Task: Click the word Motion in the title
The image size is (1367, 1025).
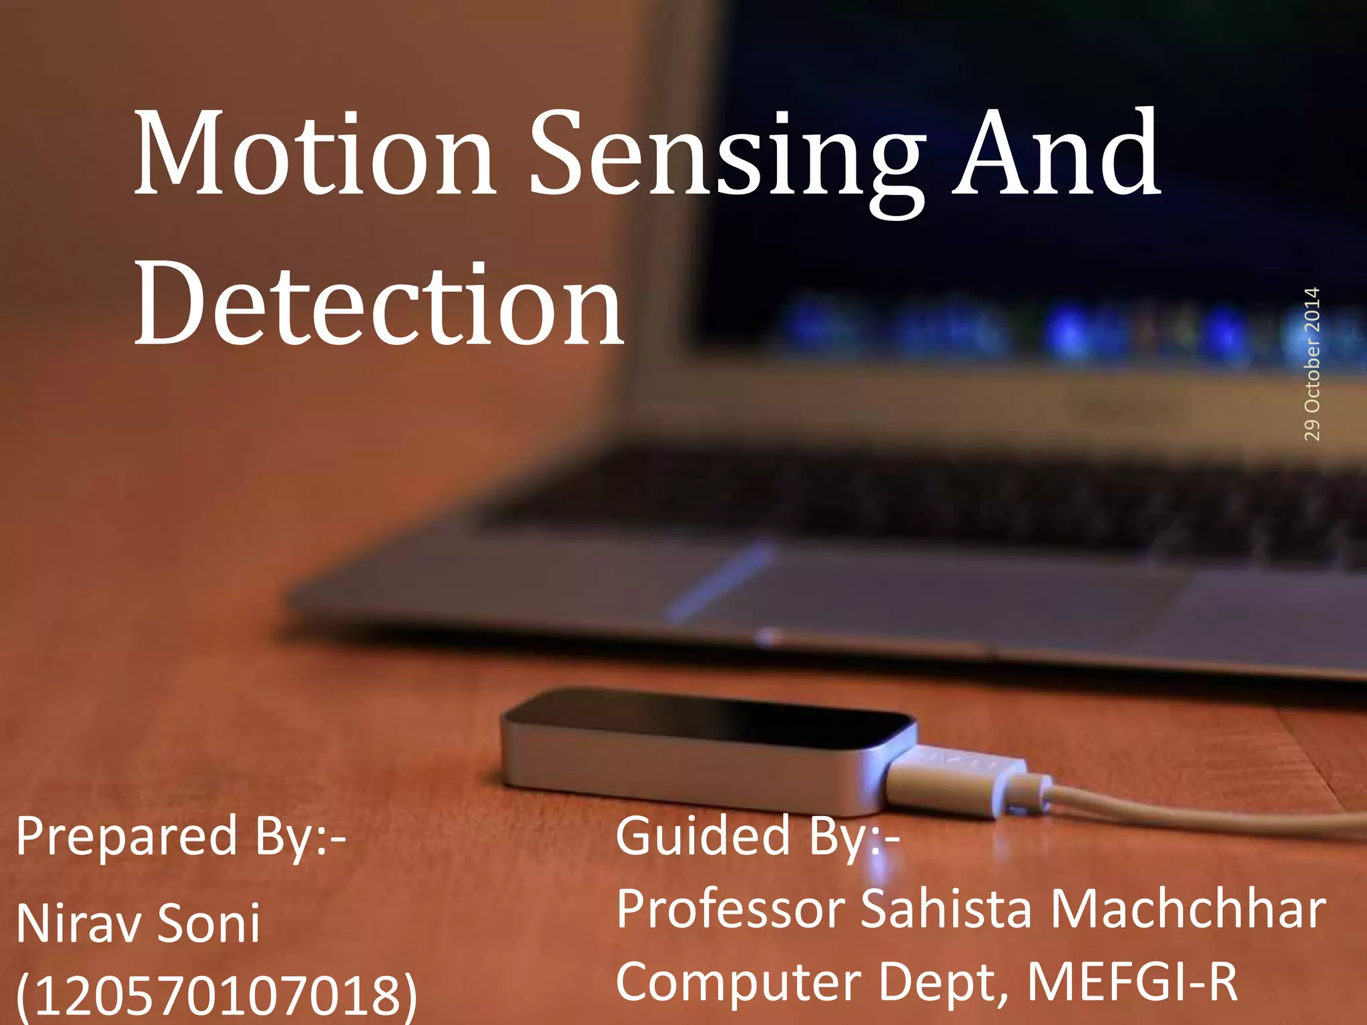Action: tap(314, 153)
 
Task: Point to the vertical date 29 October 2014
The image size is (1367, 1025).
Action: tap(1312, 364)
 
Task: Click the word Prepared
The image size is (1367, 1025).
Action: tap(127, 837)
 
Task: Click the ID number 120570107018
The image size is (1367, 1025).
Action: tap(217, 994)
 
